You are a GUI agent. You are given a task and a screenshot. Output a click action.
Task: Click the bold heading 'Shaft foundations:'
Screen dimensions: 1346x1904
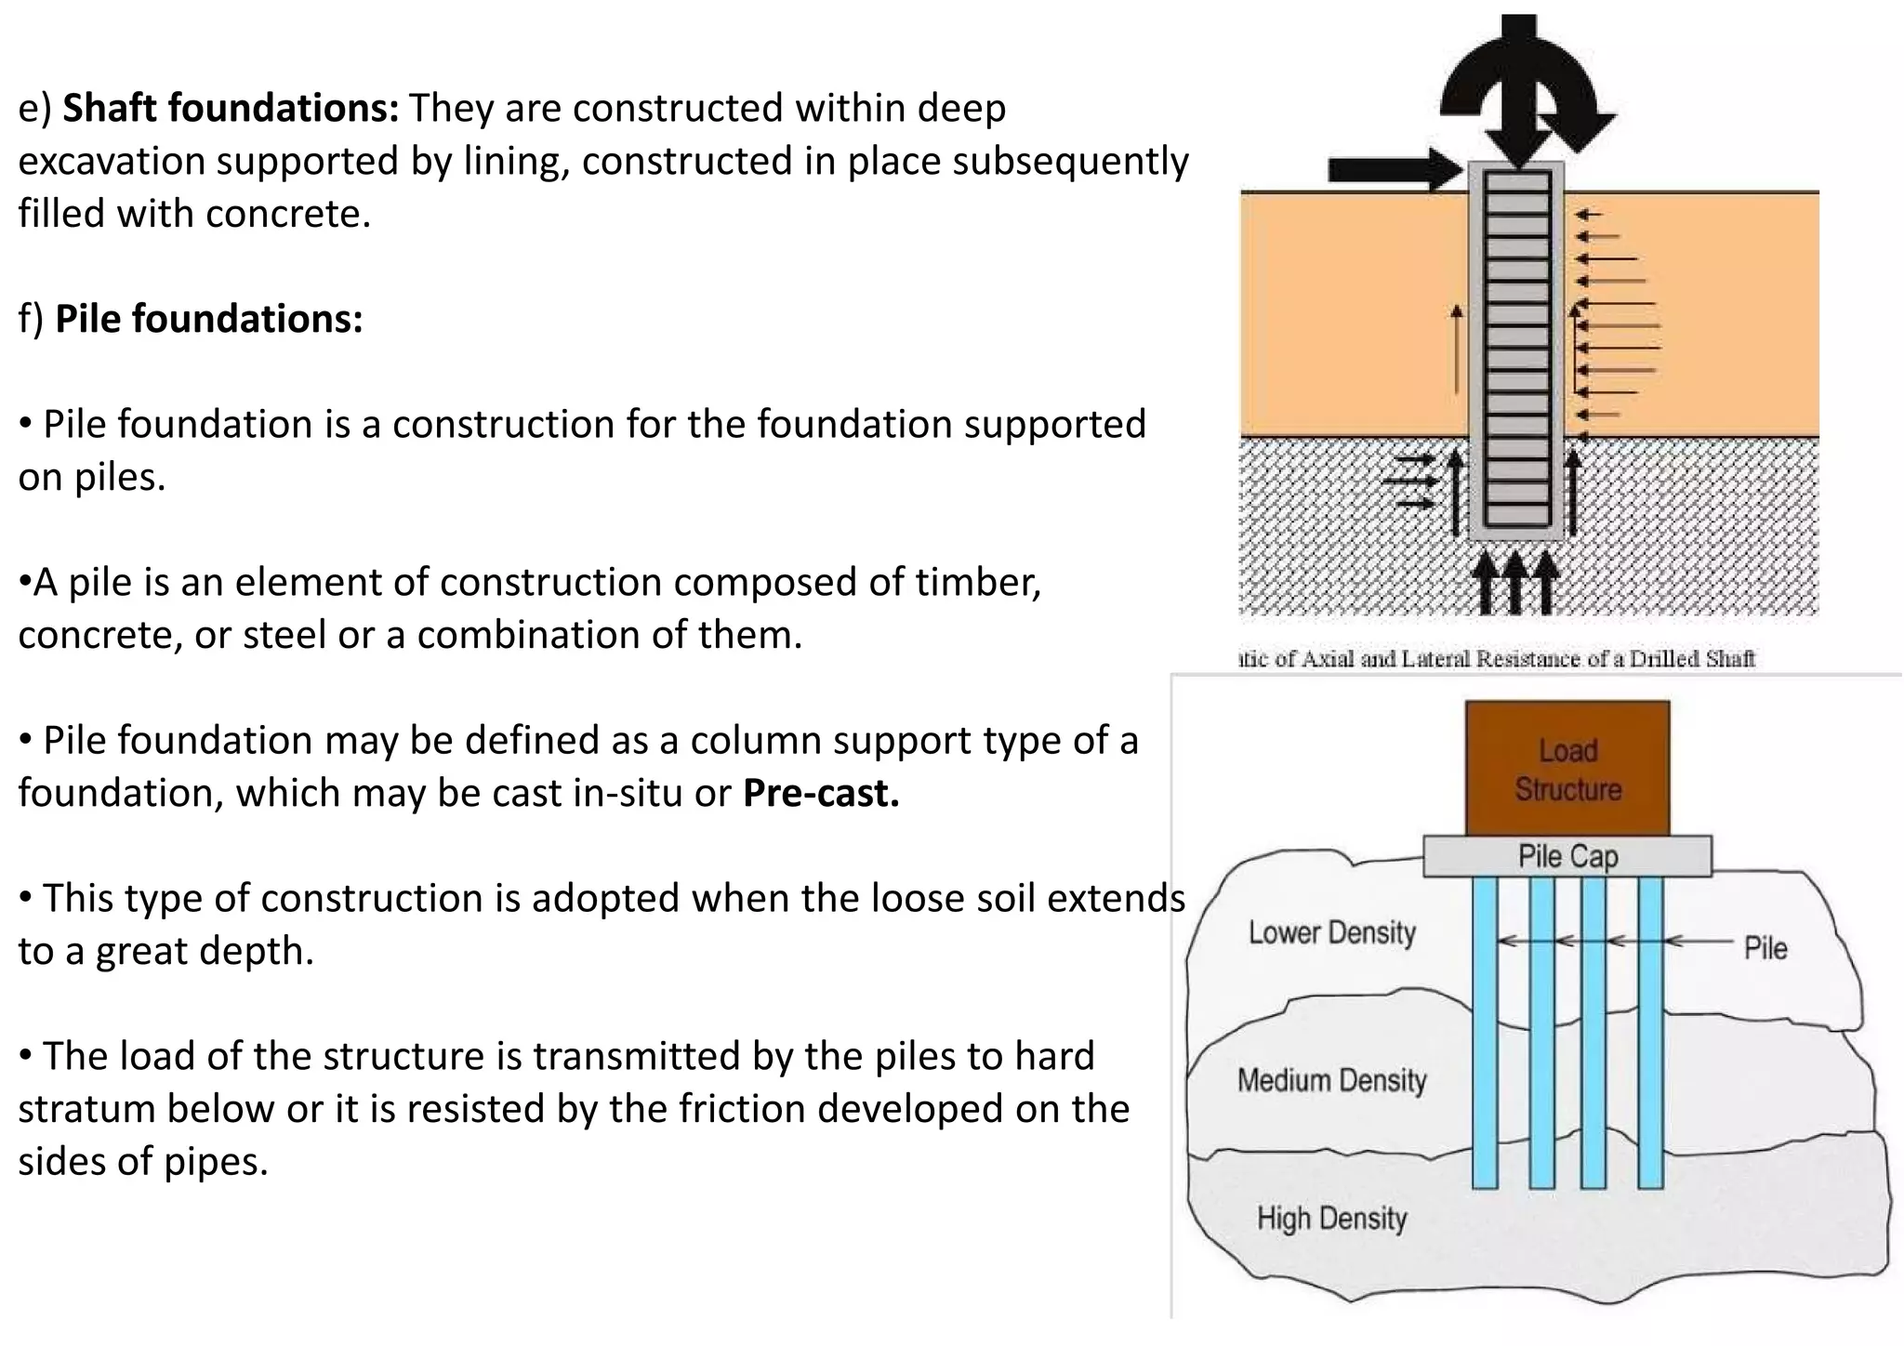click(230, 109)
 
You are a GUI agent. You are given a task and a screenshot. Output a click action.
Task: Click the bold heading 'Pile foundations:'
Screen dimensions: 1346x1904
click(208, 319)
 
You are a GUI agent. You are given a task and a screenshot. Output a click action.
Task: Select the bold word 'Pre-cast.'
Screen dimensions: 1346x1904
click(821, 793)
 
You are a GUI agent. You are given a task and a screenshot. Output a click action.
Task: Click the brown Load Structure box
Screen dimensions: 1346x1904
click(1567, 769)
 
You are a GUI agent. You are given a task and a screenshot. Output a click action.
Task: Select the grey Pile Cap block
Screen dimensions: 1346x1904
click(1567, 856)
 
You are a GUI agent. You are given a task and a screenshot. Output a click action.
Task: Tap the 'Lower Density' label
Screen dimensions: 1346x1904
click(1331, 932)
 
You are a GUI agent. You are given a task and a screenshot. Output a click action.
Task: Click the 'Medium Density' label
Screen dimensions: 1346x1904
click(1331, 1080)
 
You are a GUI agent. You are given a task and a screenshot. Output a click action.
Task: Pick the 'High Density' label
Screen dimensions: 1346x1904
click(1331, 1218)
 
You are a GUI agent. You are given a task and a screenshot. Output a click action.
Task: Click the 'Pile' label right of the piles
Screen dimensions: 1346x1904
click(1765, 948)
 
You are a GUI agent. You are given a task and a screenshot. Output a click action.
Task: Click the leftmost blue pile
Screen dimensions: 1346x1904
click(1485, 1032)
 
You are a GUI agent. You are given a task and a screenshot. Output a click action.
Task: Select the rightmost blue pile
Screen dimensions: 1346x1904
click(1650, 1032)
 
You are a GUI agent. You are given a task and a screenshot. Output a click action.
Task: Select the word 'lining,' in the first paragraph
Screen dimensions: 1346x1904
click(519, 162)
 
